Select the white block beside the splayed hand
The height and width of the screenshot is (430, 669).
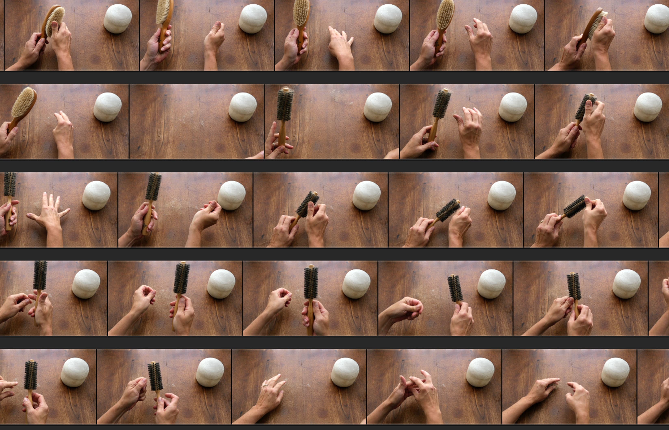pos(96,196)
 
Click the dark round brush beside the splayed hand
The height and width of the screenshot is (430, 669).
pos(10,184)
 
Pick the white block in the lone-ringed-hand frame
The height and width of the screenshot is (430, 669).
pos(345,372)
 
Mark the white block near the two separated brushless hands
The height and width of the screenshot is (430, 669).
pos(615,372)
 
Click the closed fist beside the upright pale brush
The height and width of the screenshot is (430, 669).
pos(215,38)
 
